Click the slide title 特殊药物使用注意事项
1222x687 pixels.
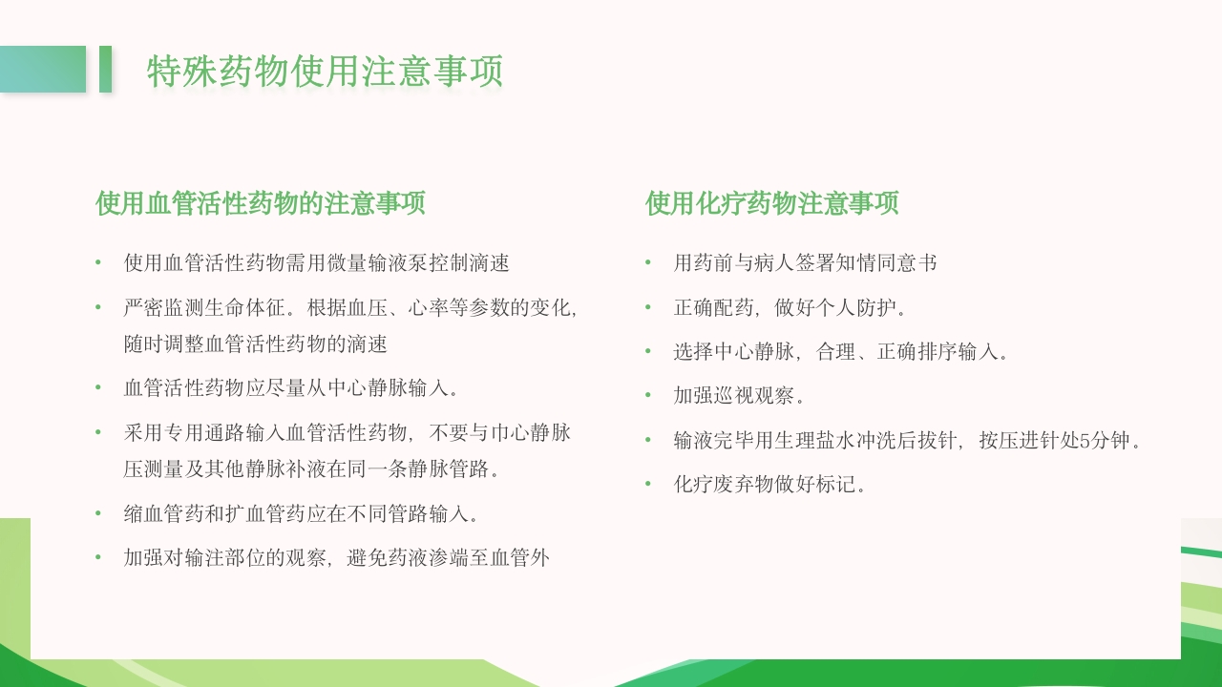pyautogui.click(x=325, y=72)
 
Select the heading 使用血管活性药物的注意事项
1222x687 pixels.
pyautogui.click(x=260, y=203)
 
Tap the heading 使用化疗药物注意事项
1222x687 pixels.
pyautogui.click(x=771, y=203)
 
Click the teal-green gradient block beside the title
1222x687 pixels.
pyautogui.click(x=43, y=70)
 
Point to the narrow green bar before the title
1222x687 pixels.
pyautogui.click(x=105, y=70)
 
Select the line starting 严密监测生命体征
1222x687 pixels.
pyautogui.click(x=349, y=308)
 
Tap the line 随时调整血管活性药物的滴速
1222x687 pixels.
pyautogui.click(x=255, y=343)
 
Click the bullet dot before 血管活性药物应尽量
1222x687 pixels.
pyautogui.click(x=97, y=388)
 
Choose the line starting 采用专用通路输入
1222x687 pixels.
pyautogui.click(x=348, y=433)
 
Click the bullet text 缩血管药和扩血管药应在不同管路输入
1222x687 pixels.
pyautogui.click(x=301, y=514)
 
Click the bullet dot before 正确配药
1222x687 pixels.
pyautogui.click(x=647, y=308)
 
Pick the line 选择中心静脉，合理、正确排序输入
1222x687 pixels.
pyautogui.click(x=840, y=352)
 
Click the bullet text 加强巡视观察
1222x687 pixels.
pyautogui.click(x=739, y=396)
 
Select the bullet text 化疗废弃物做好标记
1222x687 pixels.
pyautogui.click(x=769, y=485)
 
